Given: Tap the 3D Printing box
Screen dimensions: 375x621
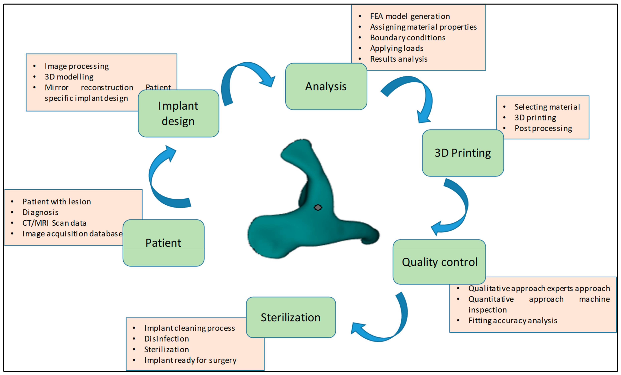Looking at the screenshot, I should [463, 153].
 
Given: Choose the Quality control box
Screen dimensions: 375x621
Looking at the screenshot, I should [439, 262].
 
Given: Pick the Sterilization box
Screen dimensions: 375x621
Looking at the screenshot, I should [291, 317].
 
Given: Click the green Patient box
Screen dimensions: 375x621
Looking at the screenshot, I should [163, 243].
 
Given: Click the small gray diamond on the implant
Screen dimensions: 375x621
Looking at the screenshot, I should [318, 207].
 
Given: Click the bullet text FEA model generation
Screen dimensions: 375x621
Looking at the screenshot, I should [410, 16].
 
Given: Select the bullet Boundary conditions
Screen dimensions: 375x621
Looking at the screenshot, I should [407, 38].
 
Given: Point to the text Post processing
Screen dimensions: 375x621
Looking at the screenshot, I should [543, 128].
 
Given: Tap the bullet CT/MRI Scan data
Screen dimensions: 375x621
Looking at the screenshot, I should [54, 223].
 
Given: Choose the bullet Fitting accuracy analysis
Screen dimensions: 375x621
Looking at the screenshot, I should [513, 321].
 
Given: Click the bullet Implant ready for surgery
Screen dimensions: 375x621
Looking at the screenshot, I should [190, 360].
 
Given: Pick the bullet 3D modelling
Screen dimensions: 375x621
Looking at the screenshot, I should [69, 77].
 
